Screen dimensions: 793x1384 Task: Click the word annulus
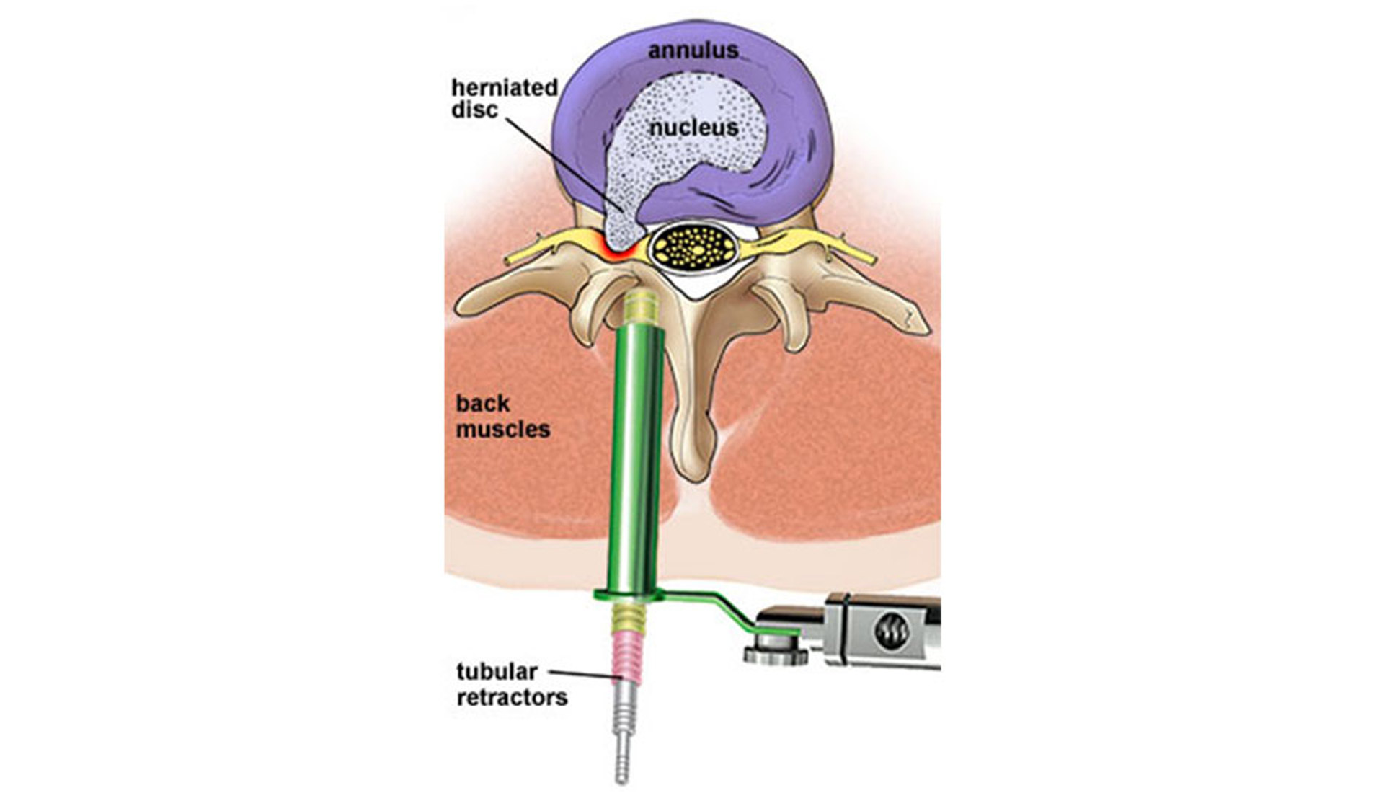(x=693, y=50)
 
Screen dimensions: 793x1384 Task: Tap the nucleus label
(x=693, y=128)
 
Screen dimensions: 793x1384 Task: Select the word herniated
(x=505, y=88)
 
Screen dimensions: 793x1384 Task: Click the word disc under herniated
(x=474, y=110)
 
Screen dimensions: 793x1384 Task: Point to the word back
(x=482, y=404)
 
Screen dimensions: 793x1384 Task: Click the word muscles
(x=502, y=430)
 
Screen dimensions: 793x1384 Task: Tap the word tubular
(x=497, y=672)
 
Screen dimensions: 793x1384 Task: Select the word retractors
(x=512, y=698)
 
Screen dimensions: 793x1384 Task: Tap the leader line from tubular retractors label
(x=584, y=675)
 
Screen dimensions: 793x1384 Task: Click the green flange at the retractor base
(x=629, y=595)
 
